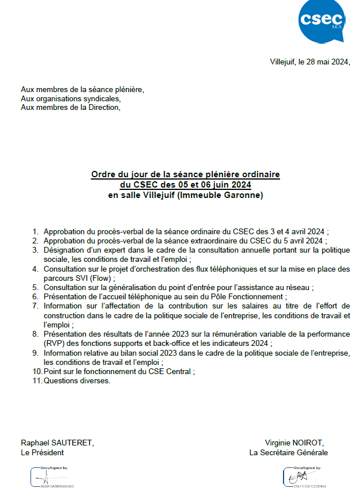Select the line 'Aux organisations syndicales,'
(71, 98)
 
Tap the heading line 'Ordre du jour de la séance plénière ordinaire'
(185, 174)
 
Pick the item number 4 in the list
(36, 269)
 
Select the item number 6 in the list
(36, 296)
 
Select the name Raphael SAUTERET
(57, 443)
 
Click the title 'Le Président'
(42, 452)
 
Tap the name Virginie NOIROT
(294, 443)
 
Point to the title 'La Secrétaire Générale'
(288, 452)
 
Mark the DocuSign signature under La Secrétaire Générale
(305, 478)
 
